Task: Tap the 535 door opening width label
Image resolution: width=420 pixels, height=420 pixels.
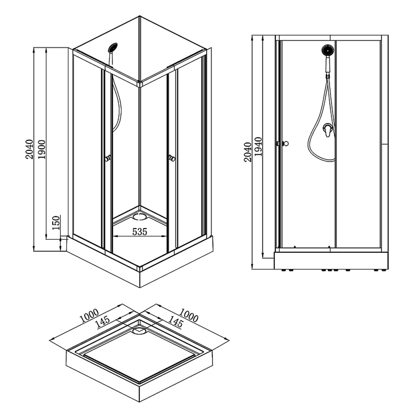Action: [x=139, y=231]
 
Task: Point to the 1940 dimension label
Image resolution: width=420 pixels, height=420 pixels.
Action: [x=258, y=147]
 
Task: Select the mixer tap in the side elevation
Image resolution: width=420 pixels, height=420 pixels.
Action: [x=328, y=131]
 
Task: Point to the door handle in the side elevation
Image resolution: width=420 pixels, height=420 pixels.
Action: [x=284, y=144]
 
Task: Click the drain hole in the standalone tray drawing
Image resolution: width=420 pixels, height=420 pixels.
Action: [x=139, y=331]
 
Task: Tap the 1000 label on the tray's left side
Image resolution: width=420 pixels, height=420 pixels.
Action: [x=88, y=315]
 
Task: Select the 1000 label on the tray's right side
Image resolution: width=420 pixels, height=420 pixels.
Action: [x=189, y=315]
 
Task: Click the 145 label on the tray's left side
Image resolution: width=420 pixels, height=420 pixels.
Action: [x=103, y=322]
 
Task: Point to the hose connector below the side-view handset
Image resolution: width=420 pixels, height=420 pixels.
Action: [x=327, y=76]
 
